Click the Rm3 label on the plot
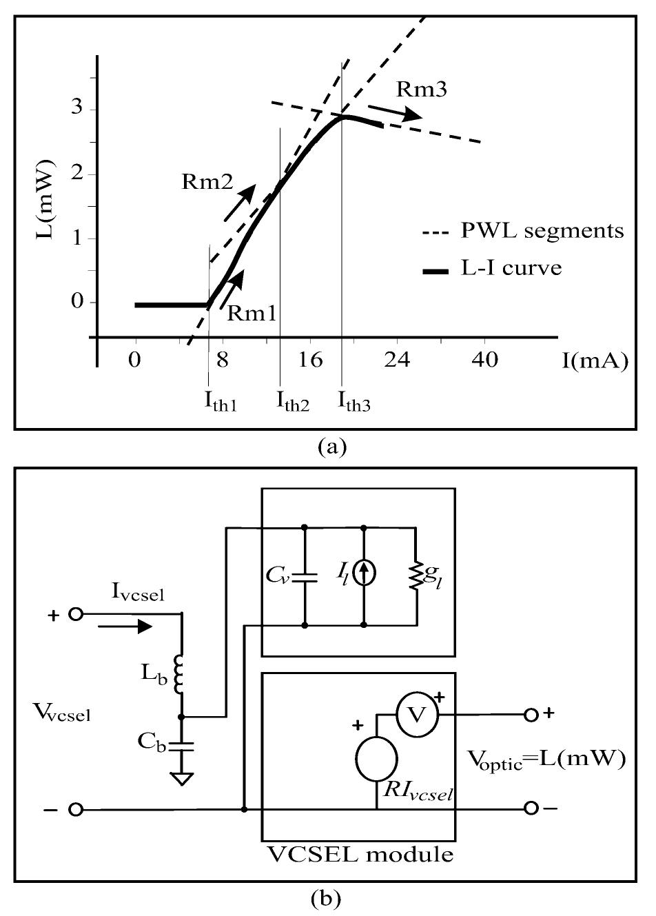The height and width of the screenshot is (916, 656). pos(422,89)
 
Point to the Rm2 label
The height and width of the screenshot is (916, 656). pos(207,182)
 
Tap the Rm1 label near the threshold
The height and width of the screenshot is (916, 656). pos(252,313)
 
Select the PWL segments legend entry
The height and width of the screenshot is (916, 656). pos(542,230)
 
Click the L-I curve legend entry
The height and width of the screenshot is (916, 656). pos(511,267)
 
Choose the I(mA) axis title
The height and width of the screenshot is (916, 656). pos(594,360)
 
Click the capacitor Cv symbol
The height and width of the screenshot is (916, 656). pos(305,576)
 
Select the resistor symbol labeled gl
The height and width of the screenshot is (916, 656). pos(416,576)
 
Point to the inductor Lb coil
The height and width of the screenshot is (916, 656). pos(181,675)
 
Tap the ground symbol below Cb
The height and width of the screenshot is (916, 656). pos(181,778)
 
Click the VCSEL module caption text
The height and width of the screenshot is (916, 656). pos(360,855)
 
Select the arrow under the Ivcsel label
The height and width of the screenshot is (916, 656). pos(125,627)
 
